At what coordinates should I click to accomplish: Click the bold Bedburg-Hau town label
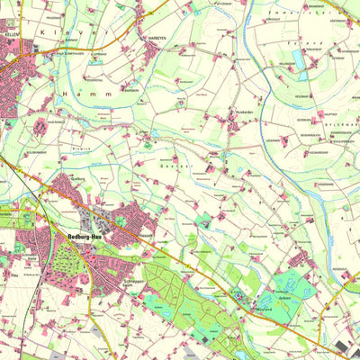(87, 236)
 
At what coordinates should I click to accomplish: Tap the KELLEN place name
(11, 32)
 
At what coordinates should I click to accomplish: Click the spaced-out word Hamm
(86, 93)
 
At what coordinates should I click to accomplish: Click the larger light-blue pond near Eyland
(298, 60)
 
